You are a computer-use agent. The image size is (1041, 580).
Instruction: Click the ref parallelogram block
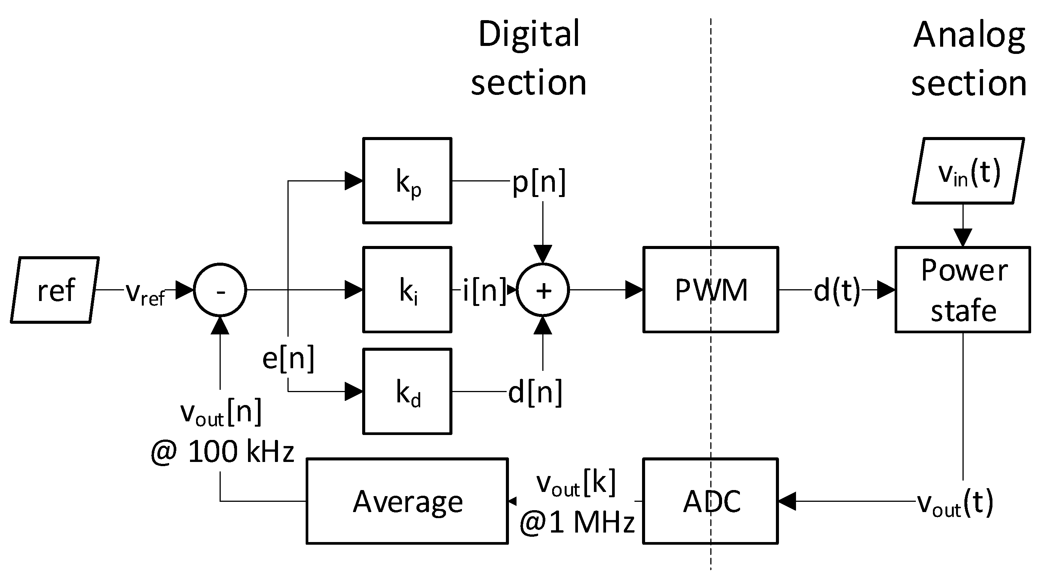coord(55,290)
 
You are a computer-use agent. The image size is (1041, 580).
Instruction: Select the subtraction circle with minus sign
coord(220,290)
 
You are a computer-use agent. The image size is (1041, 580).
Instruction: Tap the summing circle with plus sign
coord(543,290)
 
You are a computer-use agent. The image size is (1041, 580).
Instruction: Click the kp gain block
coord(407,180)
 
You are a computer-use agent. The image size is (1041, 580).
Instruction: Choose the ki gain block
coord(407,290)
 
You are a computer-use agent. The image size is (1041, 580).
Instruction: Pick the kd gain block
coord(407,391)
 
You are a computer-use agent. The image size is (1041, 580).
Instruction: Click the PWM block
coord(710,290)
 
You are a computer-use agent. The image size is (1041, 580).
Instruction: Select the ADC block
coord(710,501)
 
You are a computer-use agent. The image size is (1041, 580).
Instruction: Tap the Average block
coord(407,501)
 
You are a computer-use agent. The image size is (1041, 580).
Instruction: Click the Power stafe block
coord(962,290)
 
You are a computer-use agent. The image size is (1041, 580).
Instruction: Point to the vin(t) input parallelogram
coord(968,171)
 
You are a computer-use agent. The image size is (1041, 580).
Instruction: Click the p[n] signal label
coord(539,182)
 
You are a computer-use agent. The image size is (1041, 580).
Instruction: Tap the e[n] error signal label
coord(288,358)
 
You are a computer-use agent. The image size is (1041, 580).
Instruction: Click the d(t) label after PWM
coord(837,290)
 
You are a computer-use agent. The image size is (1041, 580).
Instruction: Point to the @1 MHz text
coord(577,522)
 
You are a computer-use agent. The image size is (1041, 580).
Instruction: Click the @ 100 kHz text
coord(222,451)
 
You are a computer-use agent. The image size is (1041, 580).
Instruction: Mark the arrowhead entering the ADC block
coord(787,501)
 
